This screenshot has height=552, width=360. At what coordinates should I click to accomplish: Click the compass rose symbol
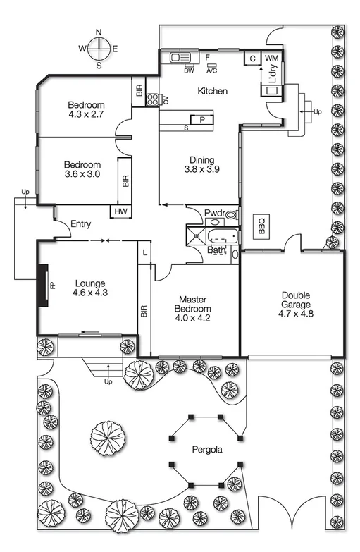pos(99,49)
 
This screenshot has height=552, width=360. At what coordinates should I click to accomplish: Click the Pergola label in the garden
pos(208,449)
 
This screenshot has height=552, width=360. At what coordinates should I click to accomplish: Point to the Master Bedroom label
pos(194,299)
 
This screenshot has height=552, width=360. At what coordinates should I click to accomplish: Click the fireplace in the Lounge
pos(44,286)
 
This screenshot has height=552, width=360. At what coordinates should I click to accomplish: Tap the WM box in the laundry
pos(272,59)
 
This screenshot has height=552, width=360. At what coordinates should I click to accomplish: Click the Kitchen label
pos(212,92)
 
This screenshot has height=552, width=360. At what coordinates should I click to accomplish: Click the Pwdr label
pos(213,213)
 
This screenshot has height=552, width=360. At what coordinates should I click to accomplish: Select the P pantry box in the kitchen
pos(201,120)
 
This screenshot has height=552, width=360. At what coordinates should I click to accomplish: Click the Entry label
pos(80,224)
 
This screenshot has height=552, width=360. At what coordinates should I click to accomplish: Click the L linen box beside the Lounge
pos(144,252)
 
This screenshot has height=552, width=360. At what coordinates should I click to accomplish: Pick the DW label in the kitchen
pos(189,70)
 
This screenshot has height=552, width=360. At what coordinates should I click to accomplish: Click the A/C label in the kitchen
pos(211,70)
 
